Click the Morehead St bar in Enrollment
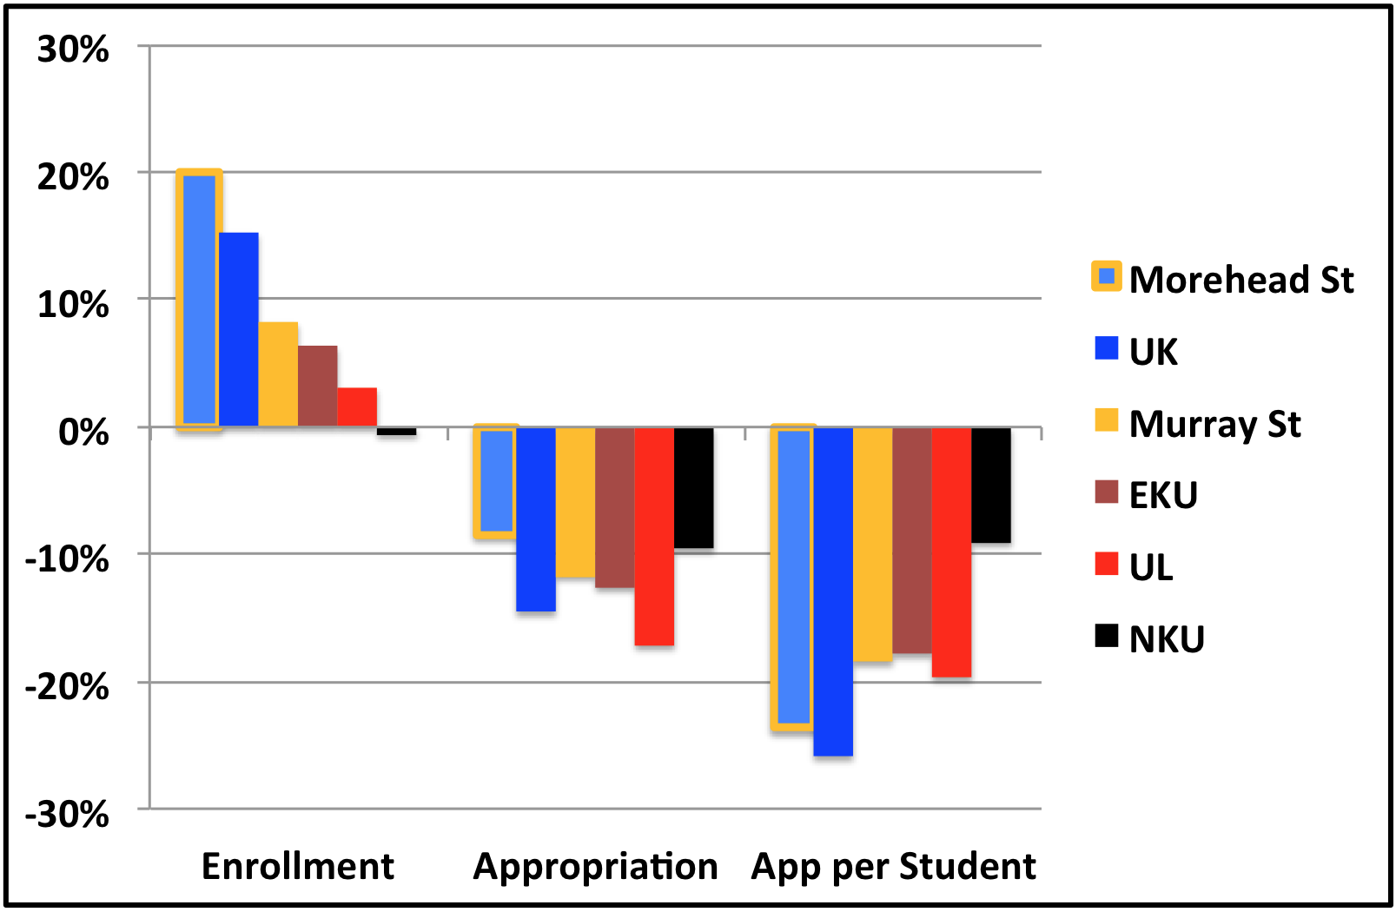[199, 300]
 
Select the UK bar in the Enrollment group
[238, 329]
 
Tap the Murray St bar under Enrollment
[278, 374]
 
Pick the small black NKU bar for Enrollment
[396, 431]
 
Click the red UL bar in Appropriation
[654, 536]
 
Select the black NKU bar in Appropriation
[693, 487]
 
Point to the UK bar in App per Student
[833, 591]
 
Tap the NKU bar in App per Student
[991, 485]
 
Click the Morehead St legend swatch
[1107, 277]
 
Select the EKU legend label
[1163, 495]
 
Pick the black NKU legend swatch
[1107, 637]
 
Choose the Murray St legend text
[1214, 424]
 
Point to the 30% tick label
[73, 50]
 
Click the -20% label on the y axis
[68, 687]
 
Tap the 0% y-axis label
[83, 432]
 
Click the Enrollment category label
[298, 866]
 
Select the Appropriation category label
[595, 866]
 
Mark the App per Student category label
[893, 866]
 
